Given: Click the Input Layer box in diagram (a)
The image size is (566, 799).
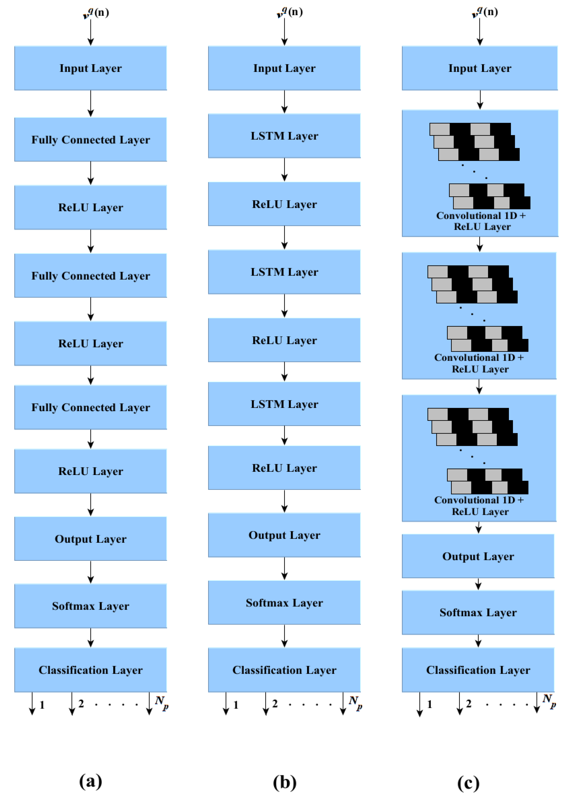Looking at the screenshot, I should pyautogui.click(x=90, y=68).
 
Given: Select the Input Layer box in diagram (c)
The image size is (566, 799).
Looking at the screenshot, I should pyautogui.click(x=480, y=68).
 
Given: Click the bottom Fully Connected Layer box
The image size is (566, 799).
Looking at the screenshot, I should pyautogui.click(x=90, y=407).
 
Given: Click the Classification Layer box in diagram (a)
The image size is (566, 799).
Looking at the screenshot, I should pyautogui.click(x=90, y=670).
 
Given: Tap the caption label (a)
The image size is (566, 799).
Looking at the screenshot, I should pyautogui.click(x=91, y=781).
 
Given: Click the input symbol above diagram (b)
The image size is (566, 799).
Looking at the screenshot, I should pyautogui.click(x=289, y=12).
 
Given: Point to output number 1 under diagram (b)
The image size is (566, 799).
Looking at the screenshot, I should pyautogui.click(x=236, y=705).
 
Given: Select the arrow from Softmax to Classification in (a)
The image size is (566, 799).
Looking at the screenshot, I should pyautogui.click(x=91, y=638).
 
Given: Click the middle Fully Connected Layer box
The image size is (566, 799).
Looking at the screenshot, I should pyautogui.click(x=90, y=276).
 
